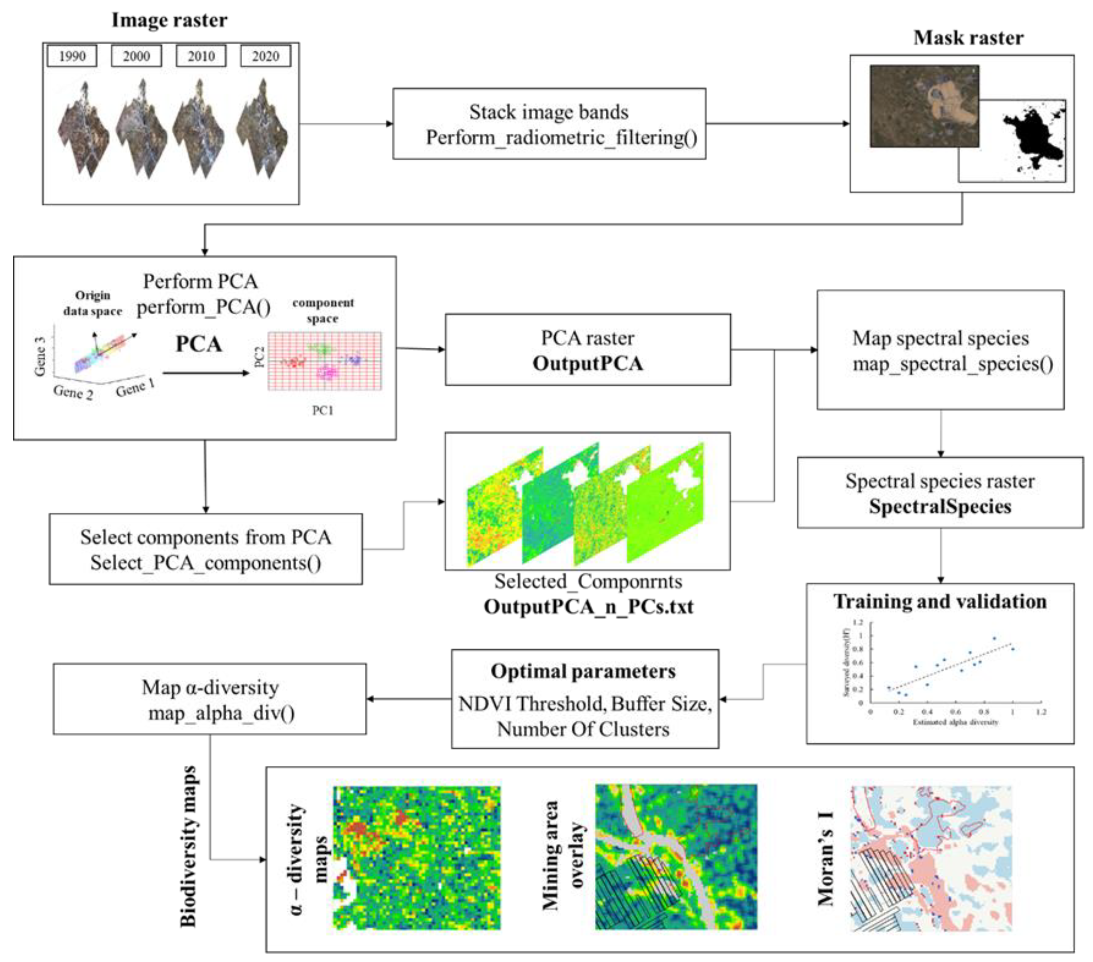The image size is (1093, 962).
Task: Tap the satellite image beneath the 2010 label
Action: click(x=199, y=128)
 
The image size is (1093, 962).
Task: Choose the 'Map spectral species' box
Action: click(x=940, y=350)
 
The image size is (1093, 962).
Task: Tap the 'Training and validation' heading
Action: click(x=940, y=602)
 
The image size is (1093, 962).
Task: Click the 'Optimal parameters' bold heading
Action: click(x=583, y=671)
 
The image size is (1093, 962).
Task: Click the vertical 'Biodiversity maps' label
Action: click(x=188, y=847)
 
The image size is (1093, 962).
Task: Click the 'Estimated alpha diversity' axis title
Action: click(x=955, y=722)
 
